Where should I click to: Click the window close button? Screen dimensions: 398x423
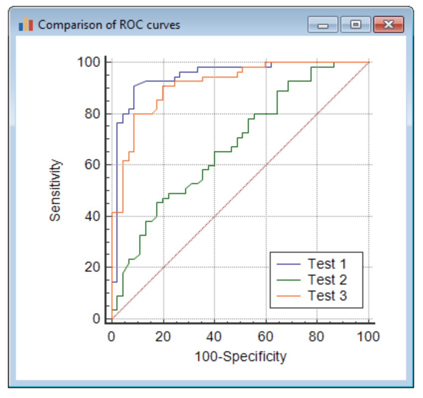tap(388, 24)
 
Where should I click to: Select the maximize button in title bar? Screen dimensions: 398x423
tap(355, 24)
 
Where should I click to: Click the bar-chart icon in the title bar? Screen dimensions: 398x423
tap(26, 24)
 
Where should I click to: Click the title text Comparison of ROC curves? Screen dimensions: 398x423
tap(109, 24)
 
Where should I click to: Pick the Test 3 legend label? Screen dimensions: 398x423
tap(327, 296)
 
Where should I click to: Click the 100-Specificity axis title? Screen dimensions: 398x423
tap(240, 356)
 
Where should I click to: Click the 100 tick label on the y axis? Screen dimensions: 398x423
tap(89, 62)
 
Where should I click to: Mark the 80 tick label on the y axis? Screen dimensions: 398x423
tap(92, 113)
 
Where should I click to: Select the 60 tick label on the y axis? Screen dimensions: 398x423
tap(92, 165)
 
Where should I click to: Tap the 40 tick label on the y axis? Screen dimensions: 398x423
tap(92, 216)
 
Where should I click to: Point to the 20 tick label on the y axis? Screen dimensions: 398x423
tap(92, 268)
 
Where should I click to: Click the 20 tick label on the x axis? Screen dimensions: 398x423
tap(163, 337)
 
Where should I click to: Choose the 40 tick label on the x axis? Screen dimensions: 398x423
tap(214, 337)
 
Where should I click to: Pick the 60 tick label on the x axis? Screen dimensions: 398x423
tap(266, 337)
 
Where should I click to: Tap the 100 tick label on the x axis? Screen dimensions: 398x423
tap(368, 337)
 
